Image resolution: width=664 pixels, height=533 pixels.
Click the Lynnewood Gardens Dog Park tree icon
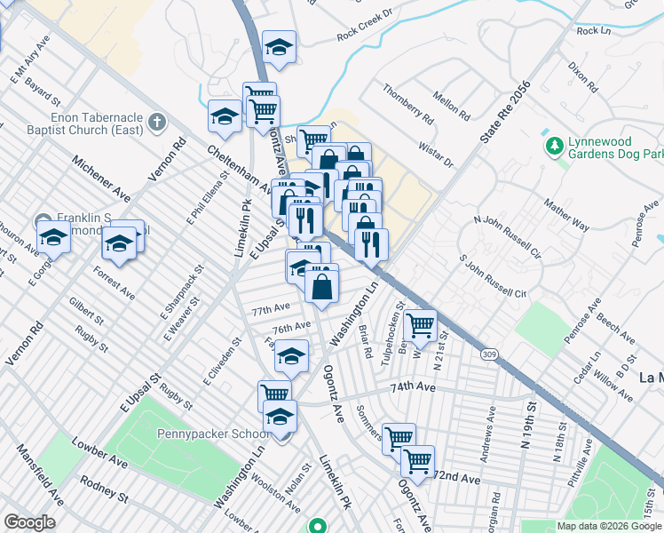(x=555, y=144)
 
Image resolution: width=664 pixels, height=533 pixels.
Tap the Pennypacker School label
(x=213, y=434)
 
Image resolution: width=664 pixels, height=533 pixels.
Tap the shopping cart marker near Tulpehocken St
(x=419, y=324)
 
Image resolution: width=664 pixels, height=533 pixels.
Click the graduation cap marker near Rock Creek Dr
(x=280, y=48)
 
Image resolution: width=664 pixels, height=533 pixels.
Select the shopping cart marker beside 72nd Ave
(x=417, y=461)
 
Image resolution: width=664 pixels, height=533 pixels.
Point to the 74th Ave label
(x=413, y=388)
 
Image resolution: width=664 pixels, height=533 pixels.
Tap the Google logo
(x=29, y=522)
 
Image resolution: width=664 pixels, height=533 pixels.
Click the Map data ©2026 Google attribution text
(x=608, y=526)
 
